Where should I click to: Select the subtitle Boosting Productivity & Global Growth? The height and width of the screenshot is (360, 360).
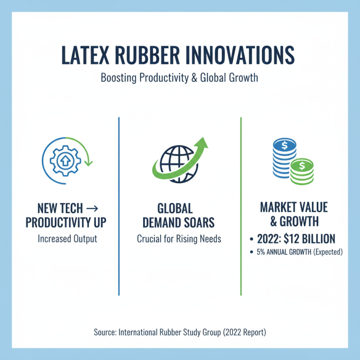point(180,77)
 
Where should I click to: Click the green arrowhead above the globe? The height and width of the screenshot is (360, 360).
point(202,143)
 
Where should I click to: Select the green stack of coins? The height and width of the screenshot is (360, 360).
point(301,171)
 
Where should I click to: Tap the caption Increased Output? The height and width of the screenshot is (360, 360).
point(67,238)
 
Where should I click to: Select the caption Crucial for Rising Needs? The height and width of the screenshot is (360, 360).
point(179,238)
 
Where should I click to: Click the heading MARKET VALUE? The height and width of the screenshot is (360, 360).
point(294,208)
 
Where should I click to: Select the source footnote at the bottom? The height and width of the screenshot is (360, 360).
point(180,333)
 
